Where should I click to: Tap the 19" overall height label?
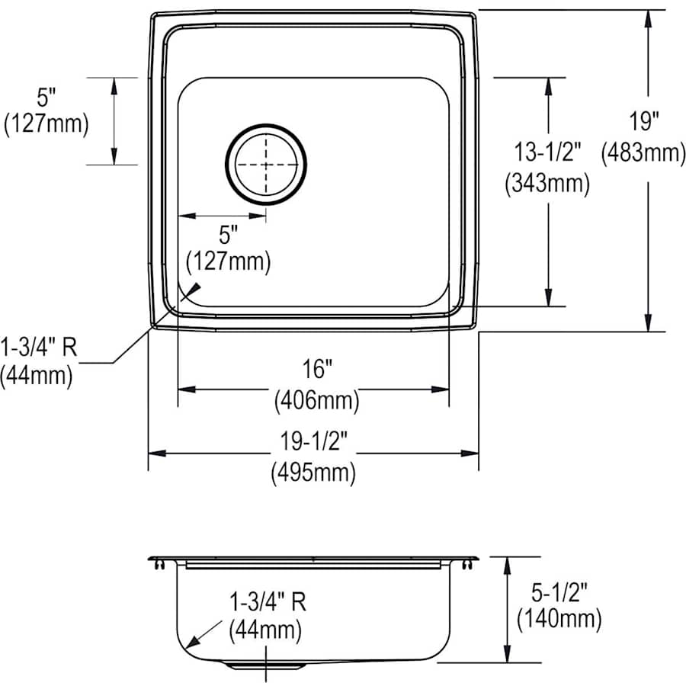click(x=643, y=121)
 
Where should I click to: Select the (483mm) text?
click(x=643, y=153)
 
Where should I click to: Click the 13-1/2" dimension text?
click(x=547, y=152)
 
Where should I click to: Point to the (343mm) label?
click(x=547, y=183)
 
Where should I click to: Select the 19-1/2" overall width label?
click(x=314, y=441)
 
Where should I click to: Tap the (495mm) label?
click(x=313, y=473)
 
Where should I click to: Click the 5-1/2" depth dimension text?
click(x=559, y=592)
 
